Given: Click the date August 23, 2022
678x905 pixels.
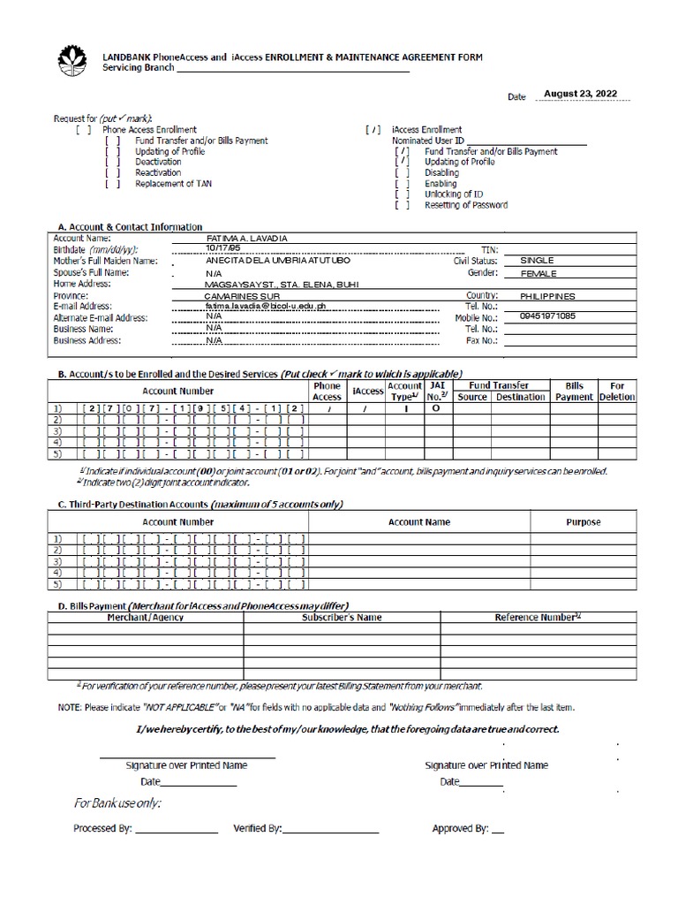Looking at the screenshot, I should [x=579, y=93].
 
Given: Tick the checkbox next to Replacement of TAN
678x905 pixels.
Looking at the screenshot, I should [x=112, y=184].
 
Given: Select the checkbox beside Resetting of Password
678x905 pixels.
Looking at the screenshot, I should [x=403, y=205].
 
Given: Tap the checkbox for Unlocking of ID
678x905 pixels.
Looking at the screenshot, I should [x=403, y=194].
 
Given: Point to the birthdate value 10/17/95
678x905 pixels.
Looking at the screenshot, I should [x=222, y=250].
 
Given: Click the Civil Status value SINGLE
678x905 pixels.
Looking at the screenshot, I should [x=538, y=261].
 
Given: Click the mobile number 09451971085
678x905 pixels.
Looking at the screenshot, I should [x=547, y=316].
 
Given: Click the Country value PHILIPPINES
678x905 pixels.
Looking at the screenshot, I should [x=547, y=296].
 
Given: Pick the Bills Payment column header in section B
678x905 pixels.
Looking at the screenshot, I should [x=575, y=392].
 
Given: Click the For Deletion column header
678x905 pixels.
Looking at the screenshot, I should [x=617, y=392].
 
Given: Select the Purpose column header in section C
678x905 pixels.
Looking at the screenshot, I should [x=583, y=522].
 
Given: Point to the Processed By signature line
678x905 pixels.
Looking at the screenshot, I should [x=177, y=832].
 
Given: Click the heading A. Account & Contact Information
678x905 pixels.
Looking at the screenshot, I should [x=130, y=227].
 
